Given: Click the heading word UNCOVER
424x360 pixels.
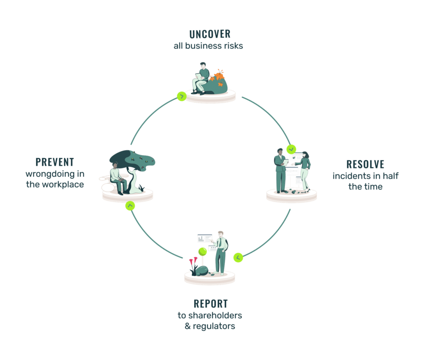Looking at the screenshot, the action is tap(210, 34).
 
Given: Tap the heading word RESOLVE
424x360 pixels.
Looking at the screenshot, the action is tap(365, 164).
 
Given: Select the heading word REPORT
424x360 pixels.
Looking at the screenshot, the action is tap(211, 304).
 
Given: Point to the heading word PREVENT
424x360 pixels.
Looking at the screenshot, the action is tap(55, 162).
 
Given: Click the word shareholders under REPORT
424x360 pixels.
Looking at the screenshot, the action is tap(215, 315).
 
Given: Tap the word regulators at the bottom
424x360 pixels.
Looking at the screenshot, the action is tap(214, 326).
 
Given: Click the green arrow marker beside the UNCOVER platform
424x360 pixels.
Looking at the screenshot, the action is tap(182, 96).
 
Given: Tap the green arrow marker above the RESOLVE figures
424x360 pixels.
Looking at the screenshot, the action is tap(291, 149).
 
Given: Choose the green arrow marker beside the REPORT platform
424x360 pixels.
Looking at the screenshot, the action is tap(238, 257).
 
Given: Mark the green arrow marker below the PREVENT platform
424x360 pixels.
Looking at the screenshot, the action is tap(130, 206).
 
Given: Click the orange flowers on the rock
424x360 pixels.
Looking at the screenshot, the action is tap(218, 77).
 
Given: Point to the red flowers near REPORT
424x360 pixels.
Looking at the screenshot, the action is tap(193, 261).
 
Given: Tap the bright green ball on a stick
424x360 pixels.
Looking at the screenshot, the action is tap(202, 252).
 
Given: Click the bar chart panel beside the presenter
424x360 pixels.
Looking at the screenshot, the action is tap(205, 238).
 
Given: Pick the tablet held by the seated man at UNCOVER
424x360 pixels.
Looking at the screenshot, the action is tap(199, 77).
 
